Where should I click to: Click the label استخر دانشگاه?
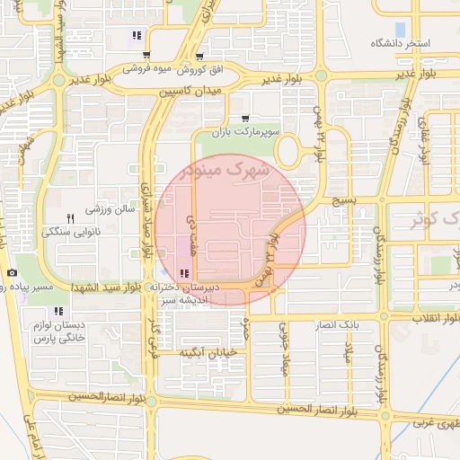click(x=401, y=43)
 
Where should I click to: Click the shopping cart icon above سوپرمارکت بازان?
click(x=245, y=118)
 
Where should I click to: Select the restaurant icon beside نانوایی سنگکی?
click(x=70, y=218)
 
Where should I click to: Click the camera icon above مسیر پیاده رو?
click(x=11, y=272)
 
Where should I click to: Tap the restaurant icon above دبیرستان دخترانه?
click(x=184, y=273)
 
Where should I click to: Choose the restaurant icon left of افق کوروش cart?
click(x=137, y=36)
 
